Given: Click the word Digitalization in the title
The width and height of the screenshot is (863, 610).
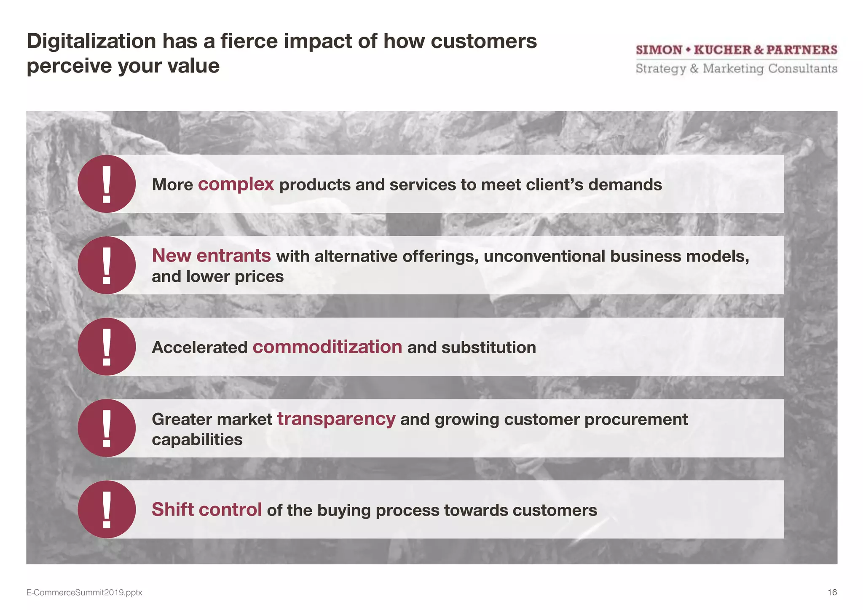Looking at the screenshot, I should [91, 41].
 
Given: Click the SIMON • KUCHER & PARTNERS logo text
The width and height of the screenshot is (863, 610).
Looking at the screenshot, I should [736, 50].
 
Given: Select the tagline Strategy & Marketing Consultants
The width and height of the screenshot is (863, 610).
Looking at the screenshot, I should [736, 69].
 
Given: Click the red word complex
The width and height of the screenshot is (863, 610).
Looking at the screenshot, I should [236, 185].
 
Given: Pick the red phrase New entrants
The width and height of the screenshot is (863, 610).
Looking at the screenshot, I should [211, 256].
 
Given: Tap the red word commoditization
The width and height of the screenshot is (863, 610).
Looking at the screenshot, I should [327, 347].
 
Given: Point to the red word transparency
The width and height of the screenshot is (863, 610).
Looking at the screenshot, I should [336, 419].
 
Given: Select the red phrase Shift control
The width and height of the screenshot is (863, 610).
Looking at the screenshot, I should [206, 510].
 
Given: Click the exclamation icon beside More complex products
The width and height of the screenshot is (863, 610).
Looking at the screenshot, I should [107, 184].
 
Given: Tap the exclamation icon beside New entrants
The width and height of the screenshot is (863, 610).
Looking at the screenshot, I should [107, 265].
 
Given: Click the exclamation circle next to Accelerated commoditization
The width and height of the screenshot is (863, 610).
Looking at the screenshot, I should [107, 347].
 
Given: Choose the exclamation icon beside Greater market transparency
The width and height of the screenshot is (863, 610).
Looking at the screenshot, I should [107, 428].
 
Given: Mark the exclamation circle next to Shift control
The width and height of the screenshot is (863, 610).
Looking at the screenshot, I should [107, 509].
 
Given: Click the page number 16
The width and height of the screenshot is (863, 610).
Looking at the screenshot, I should [832, 592].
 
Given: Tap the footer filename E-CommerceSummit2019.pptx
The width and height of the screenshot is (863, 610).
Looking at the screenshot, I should [84, 593].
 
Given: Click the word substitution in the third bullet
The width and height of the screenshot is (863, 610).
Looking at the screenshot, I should [488, 348].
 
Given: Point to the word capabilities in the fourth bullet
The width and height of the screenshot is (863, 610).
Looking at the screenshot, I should [197, 440].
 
